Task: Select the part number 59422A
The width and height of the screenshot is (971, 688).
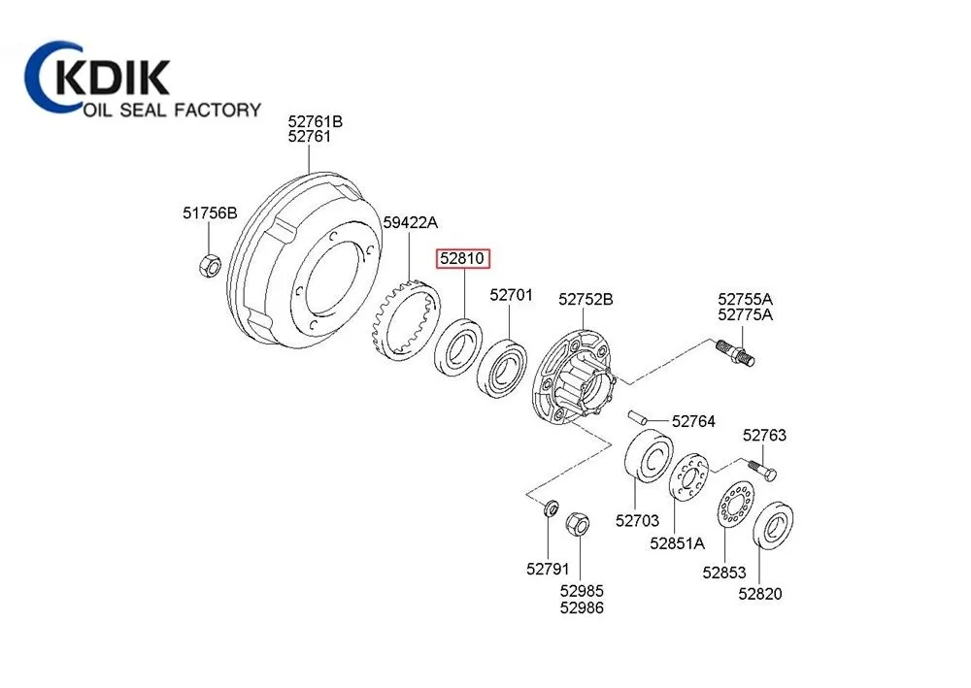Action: [411, 223]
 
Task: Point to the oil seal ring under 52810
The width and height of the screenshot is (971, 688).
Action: [456, 347]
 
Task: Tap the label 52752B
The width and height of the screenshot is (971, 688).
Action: [586, 300]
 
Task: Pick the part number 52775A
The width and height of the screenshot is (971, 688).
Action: [746, 314]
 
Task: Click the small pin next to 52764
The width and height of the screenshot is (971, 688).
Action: [638, 418]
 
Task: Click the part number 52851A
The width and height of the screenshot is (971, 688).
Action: [678, 544]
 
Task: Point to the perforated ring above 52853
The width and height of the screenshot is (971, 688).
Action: [736, 507]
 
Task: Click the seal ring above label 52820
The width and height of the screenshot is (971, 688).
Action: [774, 528]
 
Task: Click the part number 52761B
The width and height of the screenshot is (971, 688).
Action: [315, 122]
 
